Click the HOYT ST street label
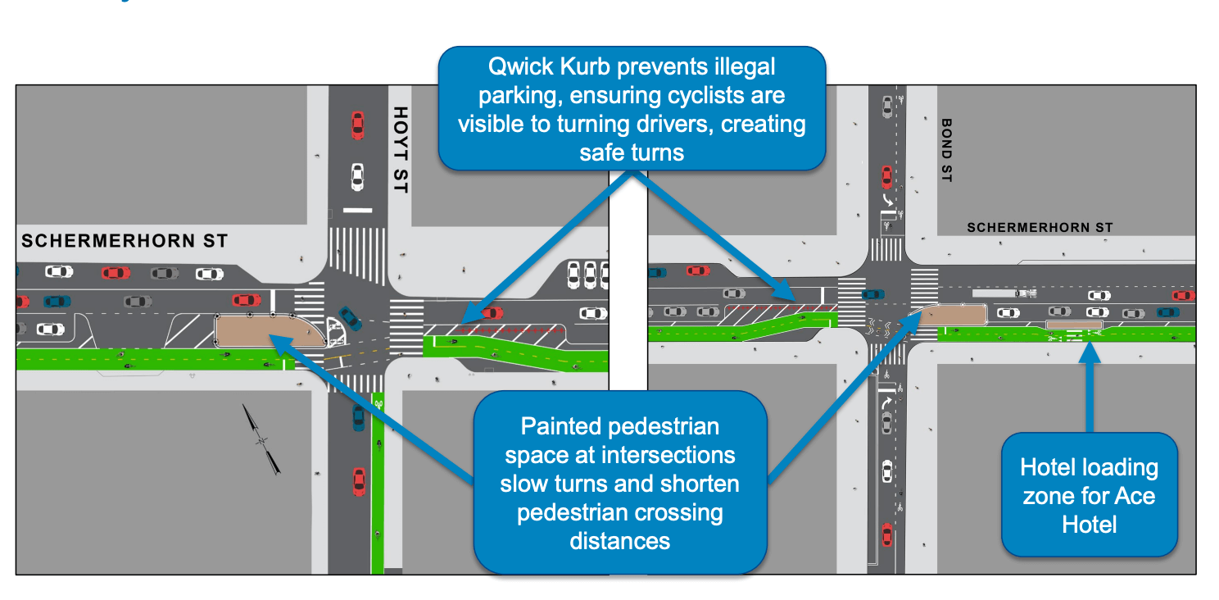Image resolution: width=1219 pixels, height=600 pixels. coord(400,150)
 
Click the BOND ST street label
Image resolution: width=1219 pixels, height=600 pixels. coord(947,150)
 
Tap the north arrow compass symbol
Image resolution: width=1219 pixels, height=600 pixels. coord(262,439)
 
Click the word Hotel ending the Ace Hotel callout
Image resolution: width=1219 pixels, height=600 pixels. coord(1089,523)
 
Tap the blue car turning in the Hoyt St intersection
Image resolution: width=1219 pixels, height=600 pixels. coord(351,317)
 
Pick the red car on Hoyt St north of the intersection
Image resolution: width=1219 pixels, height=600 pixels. coord(357,125)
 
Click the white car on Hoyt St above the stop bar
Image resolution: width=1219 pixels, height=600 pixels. coord(357,176)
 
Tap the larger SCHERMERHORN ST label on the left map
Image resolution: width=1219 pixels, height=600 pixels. coord(124,241)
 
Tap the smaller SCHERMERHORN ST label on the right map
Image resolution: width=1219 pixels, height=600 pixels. coord(1040,228)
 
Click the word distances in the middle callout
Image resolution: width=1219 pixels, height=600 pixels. coord(619,541)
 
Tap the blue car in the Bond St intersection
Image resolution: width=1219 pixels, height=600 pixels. coord(873,293)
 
